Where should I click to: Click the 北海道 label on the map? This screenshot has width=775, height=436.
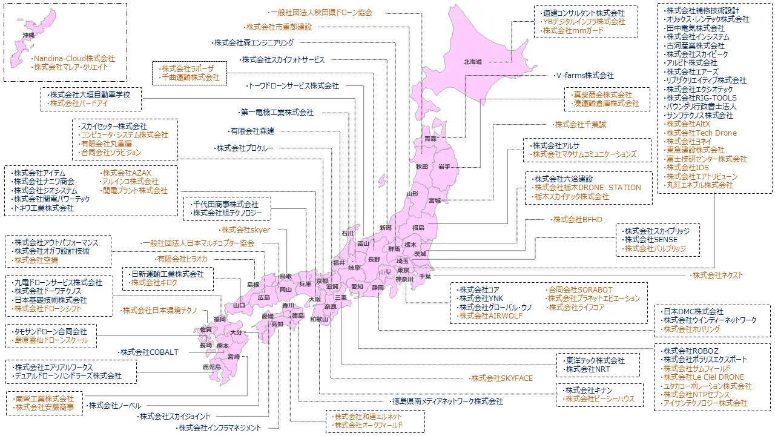(473, 62)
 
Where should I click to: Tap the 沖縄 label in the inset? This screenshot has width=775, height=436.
(28, 36)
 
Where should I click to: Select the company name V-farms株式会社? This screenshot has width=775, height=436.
(585, 76)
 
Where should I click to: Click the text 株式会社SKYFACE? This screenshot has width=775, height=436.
(502, 378)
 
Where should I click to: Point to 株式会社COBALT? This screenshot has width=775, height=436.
(149, 352)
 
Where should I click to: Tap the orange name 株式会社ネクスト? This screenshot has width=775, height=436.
(717, 275)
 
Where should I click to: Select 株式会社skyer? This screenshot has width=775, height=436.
(245, 230)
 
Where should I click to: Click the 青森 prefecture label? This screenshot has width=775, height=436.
(430, 139)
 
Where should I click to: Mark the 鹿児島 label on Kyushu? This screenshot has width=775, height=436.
(211, 367)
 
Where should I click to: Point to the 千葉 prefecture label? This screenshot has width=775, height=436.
(425, 276)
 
